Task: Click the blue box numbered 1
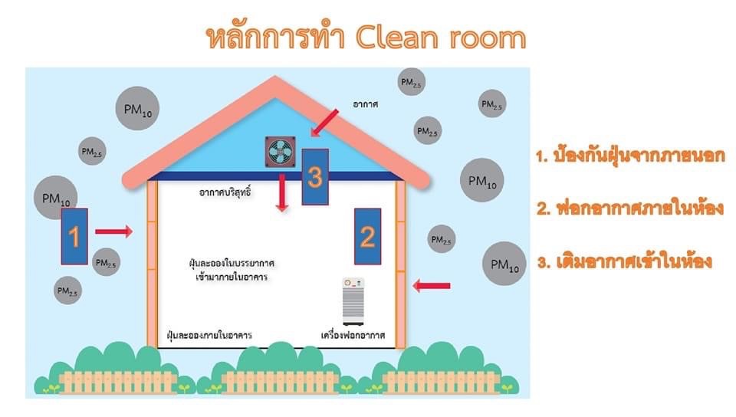coord(74,236)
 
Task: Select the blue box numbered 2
coord(367,235)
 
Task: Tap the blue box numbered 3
coord(315,176)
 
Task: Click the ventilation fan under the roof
coord(280,152)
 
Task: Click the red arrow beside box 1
coord(113,230)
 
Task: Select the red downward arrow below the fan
coord(283,192)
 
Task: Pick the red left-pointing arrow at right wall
coord(431,286)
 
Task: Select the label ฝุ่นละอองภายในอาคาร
coord(209,336)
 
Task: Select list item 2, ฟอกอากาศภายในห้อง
coord(630,208)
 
